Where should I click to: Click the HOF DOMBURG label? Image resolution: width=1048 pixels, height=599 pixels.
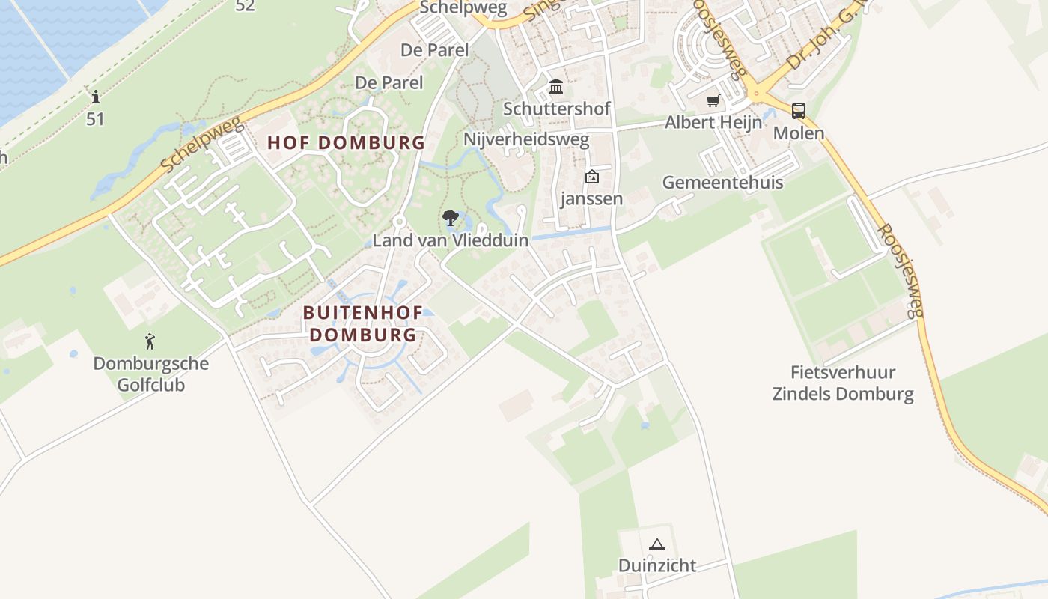click(x=347, y=142)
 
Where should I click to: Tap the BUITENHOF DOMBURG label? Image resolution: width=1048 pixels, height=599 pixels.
click(x=363, y=323)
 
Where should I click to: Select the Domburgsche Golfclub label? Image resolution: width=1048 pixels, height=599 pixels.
click(x=150, y=374)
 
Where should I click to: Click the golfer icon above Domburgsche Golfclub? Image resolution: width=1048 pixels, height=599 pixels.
click(x=150, y=342)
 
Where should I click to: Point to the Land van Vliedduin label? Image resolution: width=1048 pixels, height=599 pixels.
click(x=451, y=240)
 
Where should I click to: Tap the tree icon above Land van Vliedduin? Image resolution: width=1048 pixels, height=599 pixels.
click(x=451, y=219)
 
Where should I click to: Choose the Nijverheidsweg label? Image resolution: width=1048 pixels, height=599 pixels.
click(x=526, y=139)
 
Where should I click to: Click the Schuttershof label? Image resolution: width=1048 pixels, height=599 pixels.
click(x=557, y=109)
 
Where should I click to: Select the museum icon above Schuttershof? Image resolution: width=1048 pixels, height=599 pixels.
click(x=556, y=87)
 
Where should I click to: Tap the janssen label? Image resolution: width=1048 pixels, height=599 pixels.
click(x=591, y=199)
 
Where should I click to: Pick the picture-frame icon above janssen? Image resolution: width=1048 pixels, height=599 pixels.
click(x=592, y=177)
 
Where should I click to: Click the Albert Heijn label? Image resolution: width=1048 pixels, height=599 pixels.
click(x=713, y=122)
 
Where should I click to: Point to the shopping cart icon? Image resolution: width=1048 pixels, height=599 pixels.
click(x=713, y=101)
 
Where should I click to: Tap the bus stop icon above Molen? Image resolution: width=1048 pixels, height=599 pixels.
click(x=799, y=111)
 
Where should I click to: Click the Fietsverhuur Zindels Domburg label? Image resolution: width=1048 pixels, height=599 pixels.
click(x=843, y=383)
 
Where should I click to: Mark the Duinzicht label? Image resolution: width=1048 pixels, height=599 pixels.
click(x=657, y=565)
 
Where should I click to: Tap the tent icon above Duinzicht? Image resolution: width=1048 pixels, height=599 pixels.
click(x=657, y=544)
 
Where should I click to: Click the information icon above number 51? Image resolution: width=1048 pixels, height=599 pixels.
click(x=95, y=97)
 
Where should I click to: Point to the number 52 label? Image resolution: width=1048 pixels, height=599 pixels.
click(x=245, y=6)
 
